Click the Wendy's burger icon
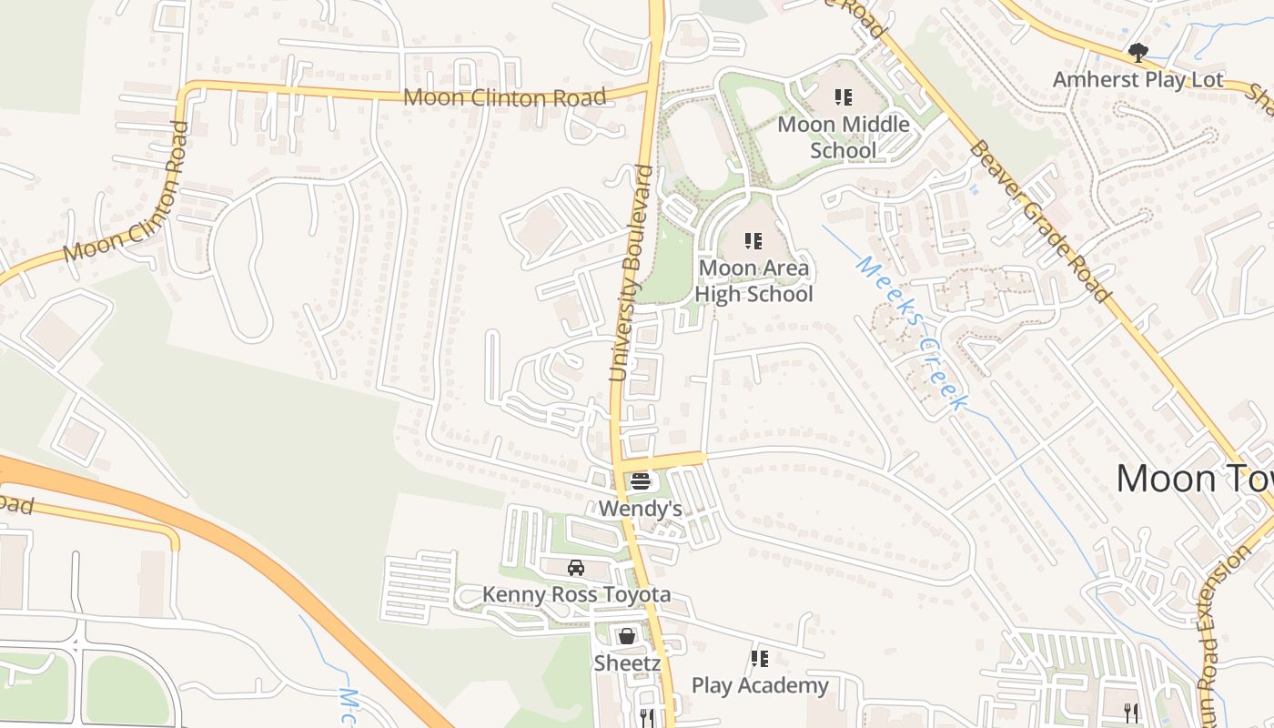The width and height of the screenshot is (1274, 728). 641,481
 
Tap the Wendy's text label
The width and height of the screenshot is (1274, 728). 641,509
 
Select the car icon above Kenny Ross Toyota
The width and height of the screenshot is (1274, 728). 576,568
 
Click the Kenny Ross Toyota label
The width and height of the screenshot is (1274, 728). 576,595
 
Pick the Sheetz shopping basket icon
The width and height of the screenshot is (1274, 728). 627,636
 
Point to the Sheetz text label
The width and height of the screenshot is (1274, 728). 627,663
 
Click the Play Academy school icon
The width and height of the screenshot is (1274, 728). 760,658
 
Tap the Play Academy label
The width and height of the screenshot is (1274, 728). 760,685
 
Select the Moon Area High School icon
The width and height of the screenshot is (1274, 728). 753,241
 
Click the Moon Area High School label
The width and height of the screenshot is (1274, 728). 753,281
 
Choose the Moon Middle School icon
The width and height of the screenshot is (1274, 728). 844,96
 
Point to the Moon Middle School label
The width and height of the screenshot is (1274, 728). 844,136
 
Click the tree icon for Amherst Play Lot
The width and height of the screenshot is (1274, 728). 1137,52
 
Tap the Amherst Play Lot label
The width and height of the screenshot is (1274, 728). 1138,80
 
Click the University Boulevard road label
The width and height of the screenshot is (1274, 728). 632,273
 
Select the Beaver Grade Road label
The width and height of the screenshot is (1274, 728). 1040,220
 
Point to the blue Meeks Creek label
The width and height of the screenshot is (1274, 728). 910,333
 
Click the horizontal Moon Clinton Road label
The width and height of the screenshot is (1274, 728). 504,97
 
